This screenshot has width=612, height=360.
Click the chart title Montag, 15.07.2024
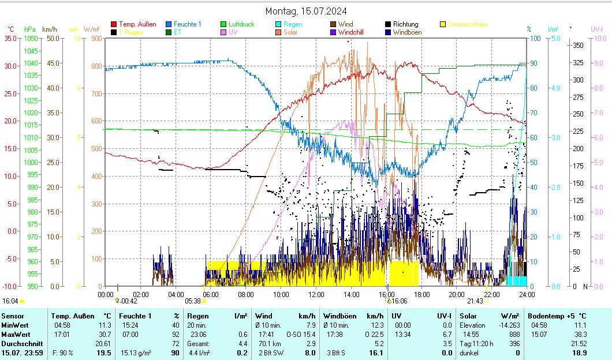[305, 11]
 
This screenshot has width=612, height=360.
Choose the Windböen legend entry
[407, 32]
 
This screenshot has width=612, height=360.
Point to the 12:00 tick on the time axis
[316, 294]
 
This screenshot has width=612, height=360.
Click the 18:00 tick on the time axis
[421, 294]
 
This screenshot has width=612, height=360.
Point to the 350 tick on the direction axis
[577, 45]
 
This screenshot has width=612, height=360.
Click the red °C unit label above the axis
[11, 29]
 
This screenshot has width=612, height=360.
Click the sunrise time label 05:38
[193, 301]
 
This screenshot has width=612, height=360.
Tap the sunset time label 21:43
[475, 301]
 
